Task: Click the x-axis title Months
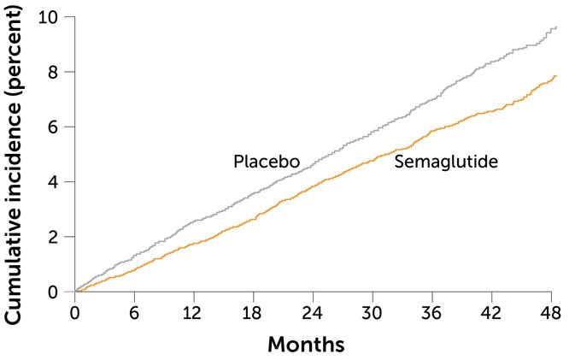307,345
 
